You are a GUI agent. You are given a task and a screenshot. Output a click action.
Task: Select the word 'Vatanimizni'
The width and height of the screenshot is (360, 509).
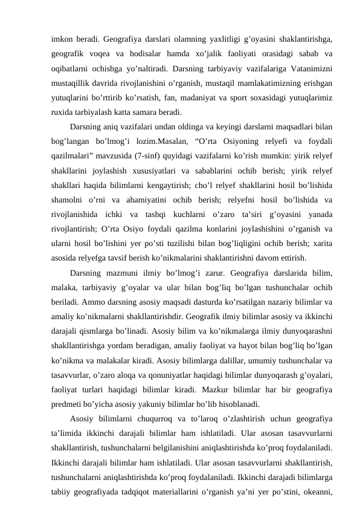pos(306,67)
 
